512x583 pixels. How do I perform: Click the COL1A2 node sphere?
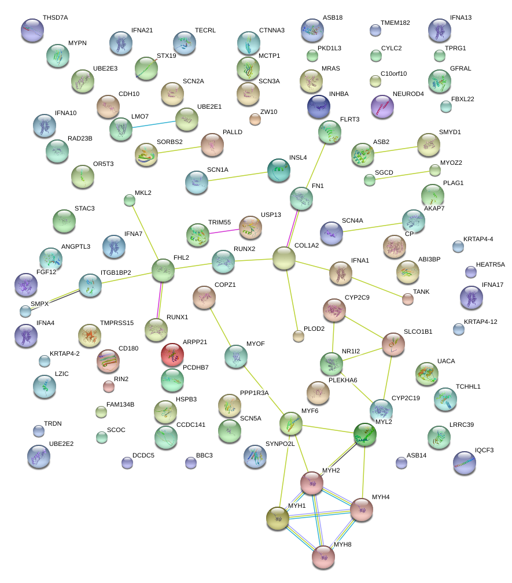pos(283,258)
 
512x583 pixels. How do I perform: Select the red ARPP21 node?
pos(172,355)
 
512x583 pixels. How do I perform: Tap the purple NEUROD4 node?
pos(382,107)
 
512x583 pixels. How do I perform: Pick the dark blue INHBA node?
pos(319,106)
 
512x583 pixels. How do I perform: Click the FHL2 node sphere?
pos(163,270)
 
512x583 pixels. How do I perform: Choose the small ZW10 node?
pos(255,119)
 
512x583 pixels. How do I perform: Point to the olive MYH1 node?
pos(278,518)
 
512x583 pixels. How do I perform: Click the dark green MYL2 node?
pos(365,435)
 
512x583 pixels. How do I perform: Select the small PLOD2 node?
pos(299,336)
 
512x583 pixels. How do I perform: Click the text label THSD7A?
pos(55,18)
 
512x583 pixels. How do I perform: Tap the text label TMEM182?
pos(395,23)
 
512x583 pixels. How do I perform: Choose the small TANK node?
pos(408,299)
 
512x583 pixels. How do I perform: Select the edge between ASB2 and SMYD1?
pos(396,149)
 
